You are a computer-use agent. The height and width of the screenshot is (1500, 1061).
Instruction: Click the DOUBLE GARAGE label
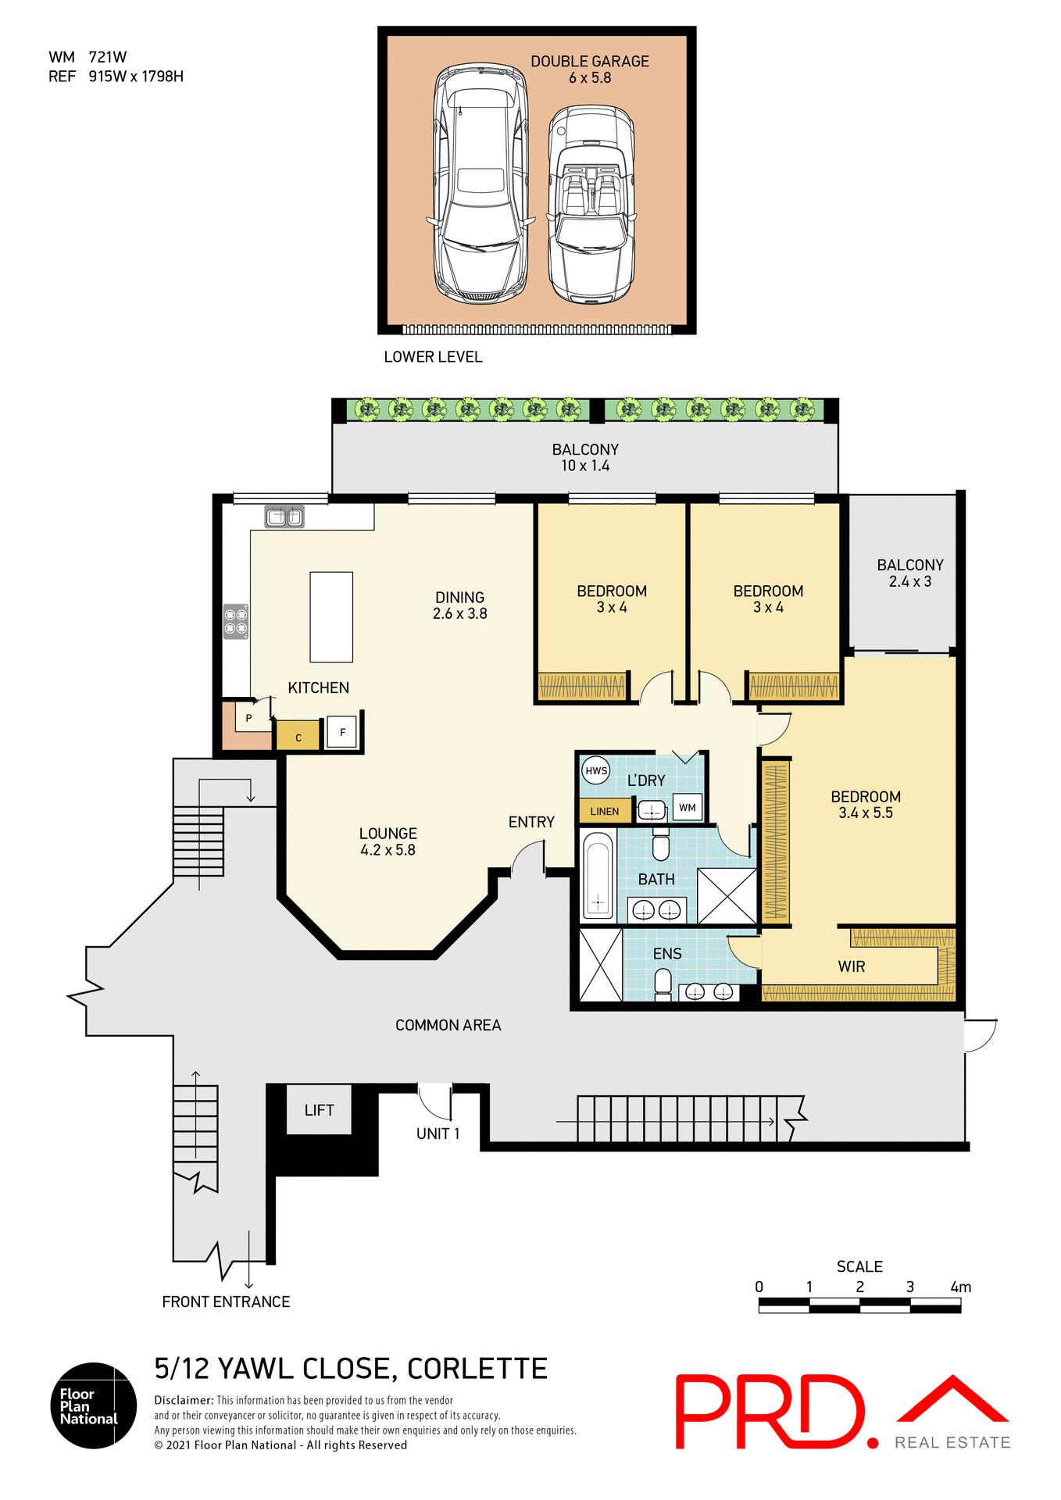click(x=590, y=62)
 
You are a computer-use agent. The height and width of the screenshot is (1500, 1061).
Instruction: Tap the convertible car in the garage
click(x=591, y=205)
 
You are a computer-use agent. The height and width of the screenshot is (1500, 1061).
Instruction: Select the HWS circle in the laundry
click(x=596, y=771)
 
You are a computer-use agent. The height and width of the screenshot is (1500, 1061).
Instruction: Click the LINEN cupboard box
click(x=605, y=812)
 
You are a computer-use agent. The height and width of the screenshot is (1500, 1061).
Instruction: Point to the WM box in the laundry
click(x=687, y=808)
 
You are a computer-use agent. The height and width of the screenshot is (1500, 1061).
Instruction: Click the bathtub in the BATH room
click(x=598, y=875)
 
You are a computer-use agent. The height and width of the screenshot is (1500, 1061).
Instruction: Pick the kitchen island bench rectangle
click(x=331, y=617)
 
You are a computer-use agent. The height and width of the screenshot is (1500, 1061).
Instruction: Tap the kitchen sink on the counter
click(x=284, y=516)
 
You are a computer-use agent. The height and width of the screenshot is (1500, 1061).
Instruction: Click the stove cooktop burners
click(x=236, y=621)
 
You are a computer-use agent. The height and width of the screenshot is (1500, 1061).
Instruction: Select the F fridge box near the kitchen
click(x=342, y=732)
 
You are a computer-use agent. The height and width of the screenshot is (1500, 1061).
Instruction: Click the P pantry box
click(x=249, y=718)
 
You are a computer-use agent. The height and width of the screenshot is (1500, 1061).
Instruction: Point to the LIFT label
click(x=319, y=1110)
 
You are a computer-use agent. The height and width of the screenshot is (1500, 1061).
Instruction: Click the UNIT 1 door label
click(x=438, y=1134)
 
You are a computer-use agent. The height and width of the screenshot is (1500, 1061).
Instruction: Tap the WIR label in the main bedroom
click(x=851, y=967)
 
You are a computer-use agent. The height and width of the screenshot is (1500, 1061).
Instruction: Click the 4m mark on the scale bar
click(x=960, y=1287)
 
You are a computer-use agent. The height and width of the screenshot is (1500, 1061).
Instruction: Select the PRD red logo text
click(x=770, y=1412)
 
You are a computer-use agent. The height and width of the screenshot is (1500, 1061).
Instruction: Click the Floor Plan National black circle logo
click(x=93, y=1405)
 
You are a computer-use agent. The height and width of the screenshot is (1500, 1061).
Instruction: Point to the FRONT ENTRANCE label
click(x=226, y=1302)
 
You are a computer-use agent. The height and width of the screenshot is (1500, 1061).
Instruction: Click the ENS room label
click(x=667, y=954)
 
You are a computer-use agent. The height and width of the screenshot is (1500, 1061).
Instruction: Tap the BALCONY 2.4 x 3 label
click(x=909, y=573)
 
